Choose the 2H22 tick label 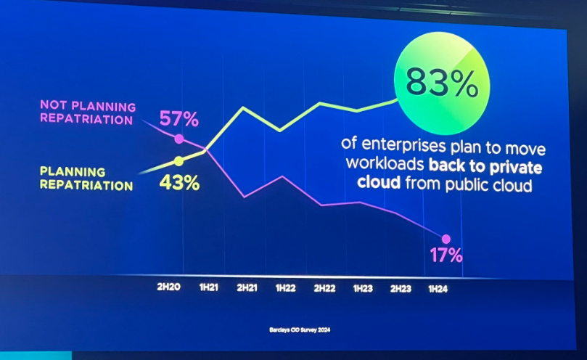tap(324, 288)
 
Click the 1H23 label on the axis tap(363, 288)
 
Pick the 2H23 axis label tap(401, 288)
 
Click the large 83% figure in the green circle tap(442, 83)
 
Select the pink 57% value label tap(179, 118)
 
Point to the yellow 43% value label tap(179, 182)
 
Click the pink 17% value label tap(445, 255)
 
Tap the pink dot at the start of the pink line tap(179, 139)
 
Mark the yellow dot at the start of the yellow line tap(178, 161)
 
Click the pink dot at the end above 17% tap(446, 239)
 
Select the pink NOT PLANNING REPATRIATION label tap(86, 112)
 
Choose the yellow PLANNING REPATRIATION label tap(86, 179)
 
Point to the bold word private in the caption tap(518, 166)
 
